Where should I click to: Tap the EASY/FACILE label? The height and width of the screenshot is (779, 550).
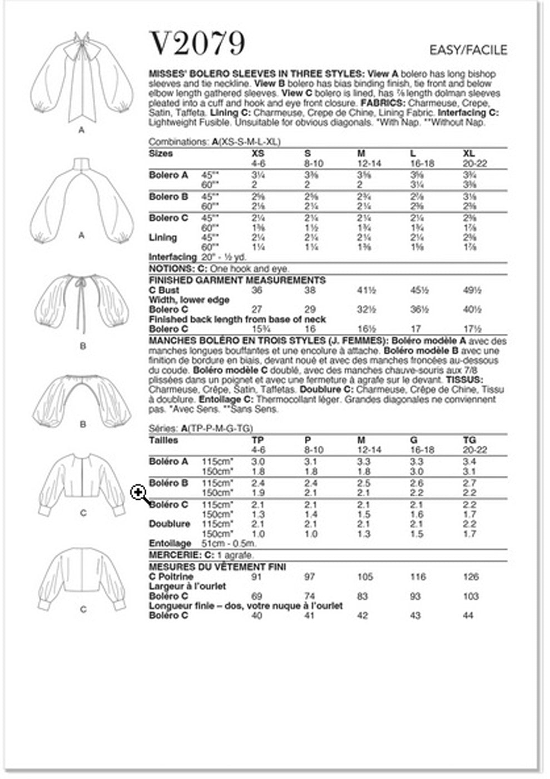[x=468, y=50]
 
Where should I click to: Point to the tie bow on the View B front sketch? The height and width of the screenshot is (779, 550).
[x=82, y=287]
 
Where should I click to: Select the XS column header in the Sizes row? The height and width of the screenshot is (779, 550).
[x=258, y=154]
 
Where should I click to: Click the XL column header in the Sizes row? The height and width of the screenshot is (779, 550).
[x=469, y=154]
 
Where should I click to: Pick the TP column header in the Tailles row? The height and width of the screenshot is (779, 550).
[x=257, y=440]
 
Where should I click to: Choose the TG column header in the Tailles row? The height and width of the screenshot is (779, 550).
[x=469, y=440]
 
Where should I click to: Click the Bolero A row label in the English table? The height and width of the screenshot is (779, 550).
[x=168, y=175]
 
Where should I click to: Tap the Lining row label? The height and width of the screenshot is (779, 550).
[x=162, y=238]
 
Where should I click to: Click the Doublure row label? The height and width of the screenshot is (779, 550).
[x=169, y=524]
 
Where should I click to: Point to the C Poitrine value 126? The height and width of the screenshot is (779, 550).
[x=470, y=577]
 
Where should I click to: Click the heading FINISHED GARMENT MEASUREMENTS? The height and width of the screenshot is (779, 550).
[x=237, y=280]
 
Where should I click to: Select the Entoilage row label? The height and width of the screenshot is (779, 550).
[x=170, y=544]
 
